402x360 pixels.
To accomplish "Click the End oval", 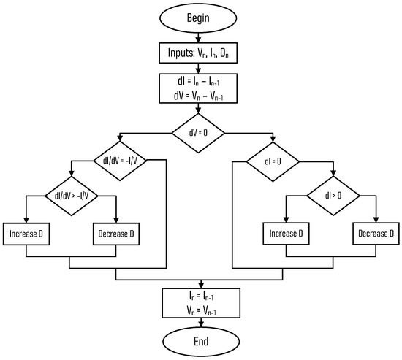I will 199,340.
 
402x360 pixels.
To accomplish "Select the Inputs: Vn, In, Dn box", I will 199,53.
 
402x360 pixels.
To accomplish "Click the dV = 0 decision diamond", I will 199,134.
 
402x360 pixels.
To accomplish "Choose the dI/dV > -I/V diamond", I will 71,196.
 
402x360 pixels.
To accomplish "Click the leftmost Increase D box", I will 26,234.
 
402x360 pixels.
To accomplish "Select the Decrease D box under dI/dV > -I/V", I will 117,234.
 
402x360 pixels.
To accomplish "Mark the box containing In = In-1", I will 199,302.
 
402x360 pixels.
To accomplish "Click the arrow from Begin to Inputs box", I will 199,39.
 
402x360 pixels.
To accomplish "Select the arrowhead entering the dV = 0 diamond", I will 199,112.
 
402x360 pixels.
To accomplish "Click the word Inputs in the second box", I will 181,53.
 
